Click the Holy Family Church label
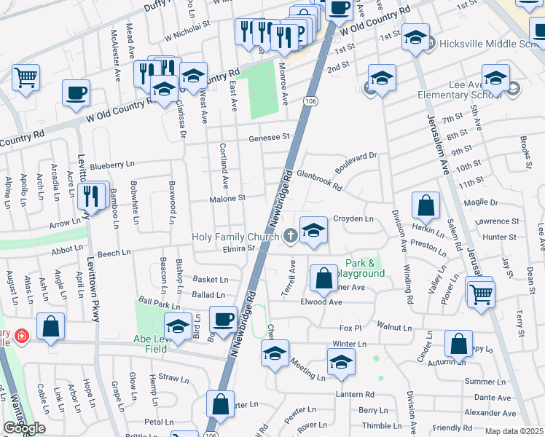point(235,237)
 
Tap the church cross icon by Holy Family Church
point(290,235)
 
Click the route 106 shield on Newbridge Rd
point(311,101)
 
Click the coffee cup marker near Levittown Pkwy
point(77,93)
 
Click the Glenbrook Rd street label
point(319,181)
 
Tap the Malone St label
point(228,197)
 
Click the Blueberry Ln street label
point(113,165)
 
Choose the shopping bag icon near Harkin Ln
point(426,206)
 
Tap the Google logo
point(24,428)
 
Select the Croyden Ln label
point(353,219)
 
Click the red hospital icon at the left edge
point(23,336)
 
